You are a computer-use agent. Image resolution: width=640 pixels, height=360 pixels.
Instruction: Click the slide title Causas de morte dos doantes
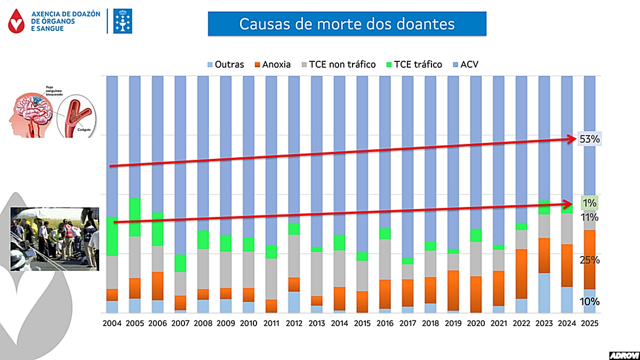point(347,24)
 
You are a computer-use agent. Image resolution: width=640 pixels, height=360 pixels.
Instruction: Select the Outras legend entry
point(225,65)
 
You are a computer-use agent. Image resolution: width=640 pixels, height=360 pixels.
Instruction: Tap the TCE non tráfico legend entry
point(338,65)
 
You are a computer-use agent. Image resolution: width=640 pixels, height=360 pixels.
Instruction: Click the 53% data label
point(590,139)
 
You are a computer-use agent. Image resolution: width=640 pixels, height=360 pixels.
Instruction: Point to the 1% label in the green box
point(590,203)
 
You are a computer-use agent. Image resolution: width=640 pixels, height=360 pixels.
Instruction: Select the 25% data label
point(590,260)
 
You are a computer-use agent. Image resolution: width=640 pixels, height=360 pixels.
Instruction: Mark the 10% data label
point(590,302)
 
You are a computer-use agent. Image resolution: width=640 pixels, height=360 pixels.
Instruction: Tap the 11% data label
point(590,218)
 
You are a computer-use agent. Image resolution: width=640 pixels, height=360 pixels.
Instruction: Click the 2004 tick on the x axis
point(113,324)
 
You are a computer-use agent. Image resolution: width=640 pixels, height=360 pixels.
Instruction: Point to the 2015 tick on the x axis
point(362,324)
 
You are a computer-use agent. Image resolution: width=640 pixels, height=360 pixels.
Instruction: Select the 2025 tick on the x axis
point(589,324)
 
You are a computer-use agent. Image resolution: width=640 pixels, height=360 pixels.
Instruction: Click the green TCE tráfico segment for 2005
point(135,217)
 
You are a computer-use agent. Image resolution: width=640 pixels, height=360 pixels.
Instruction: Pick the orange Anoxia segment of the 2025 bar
point(589,260)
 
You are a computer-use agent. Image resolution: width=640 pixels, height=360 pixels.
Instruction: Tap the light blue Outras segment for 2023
point(543,293)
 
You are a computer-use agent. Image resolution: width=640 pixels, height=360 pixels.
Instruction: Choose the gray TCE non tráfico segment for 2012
point(294,256)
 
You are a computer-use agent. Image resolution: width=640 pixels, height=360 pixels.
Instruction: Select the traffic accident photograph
point(55,239)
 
